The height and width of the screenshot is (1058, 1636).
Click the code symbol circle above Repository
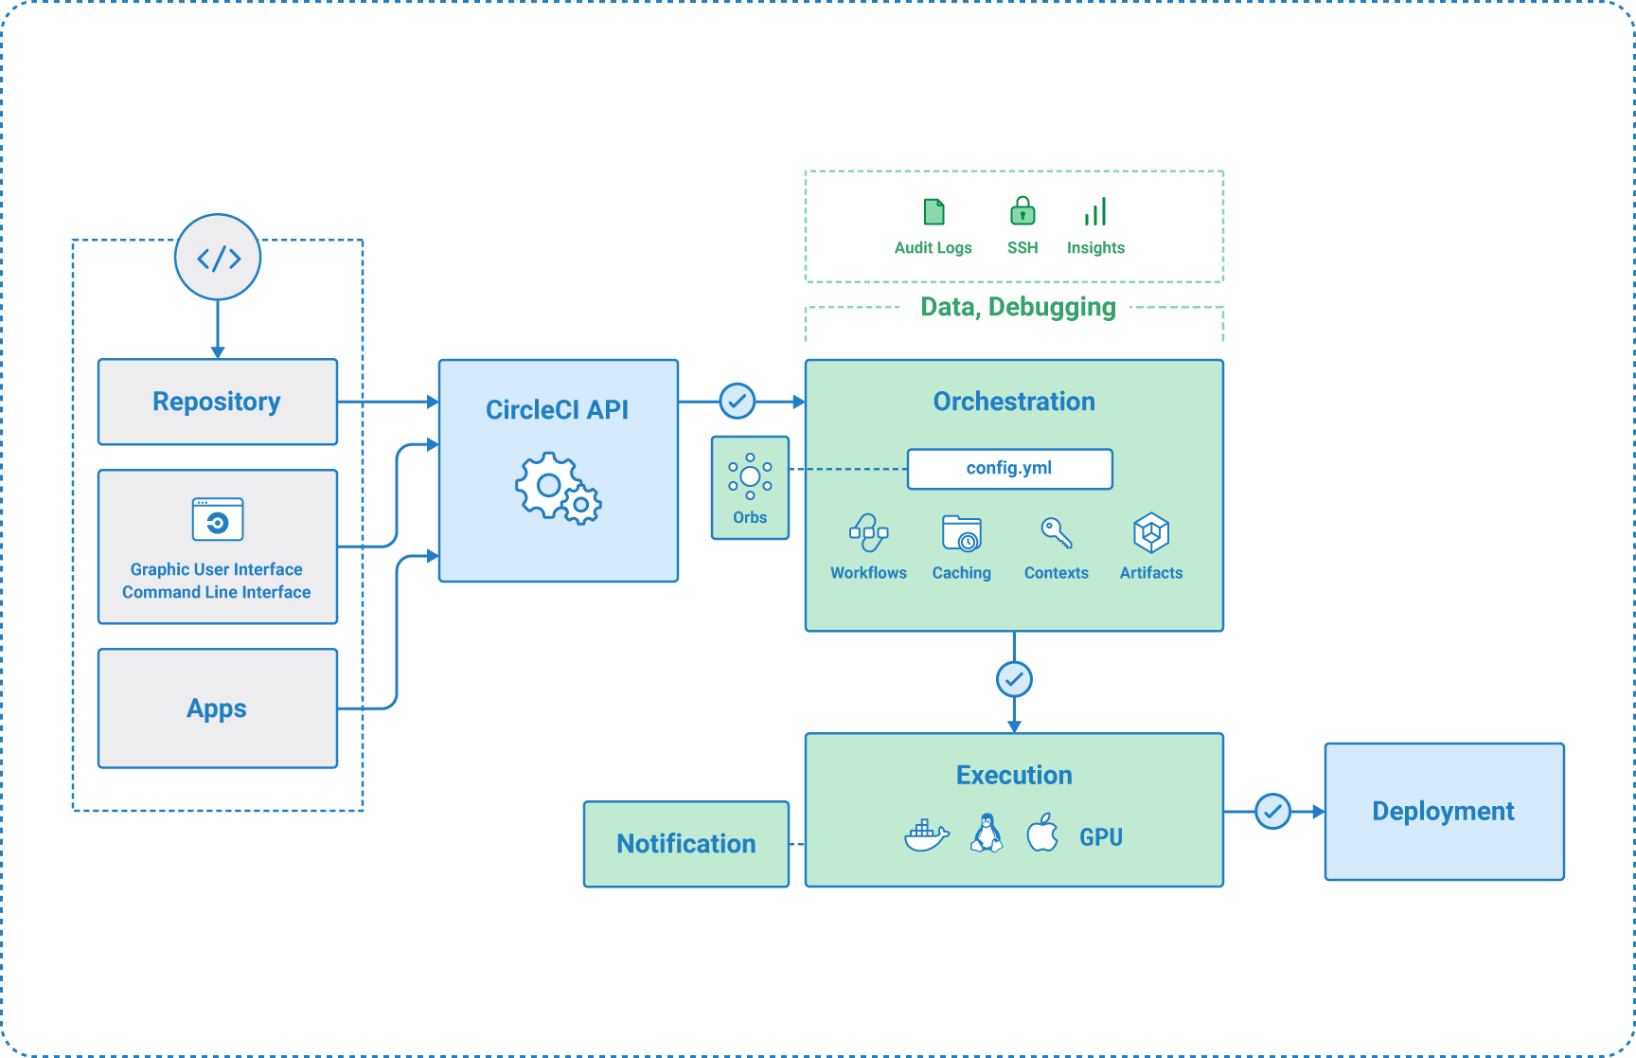point(218,258)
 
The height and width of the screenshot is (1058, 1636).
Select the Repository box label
point(217,402)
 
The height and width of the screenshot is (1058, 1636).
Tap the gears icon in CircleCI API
point(558,489)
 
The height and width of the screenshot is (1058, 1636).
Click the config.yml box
point(1009,469)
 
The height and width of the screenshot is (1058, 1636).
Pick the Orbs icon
point(750,476)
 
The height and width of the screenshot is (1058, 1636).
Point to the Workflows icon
point(868,533)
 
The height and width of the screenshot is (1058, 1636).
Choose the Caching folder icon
point(962,533)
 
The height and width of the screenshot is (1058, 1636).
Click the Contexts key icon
point(1057,533)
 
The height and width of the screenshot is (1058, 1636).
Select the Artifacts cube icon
point(1151,533)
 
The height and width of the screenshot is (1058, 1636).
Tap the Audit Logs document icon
point(934,212)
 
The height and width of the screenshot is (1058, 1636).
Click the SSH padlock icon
point(1022,211)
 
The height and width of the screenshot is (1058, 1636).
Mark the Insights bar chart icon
point(1095,212)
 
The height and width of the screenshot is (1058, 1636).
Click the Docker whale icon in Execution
point(926,834)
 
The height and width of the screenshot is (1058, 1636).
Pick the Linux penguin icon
point(987,834)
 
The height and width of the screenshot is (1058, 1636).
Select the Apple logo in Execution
point(1042,834)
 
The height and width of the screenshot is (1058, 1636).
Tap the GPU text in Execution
point(1101,837)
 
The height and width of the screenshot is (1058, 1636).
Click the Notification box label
point(686,844)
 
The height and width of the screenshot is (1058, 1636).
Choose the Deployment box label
point(1443,812)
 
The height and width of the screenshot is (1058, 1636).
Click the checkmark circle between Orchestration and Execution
point(1014,679)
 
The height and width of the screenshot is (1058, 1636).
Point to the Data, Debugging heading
point(1018,307)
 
